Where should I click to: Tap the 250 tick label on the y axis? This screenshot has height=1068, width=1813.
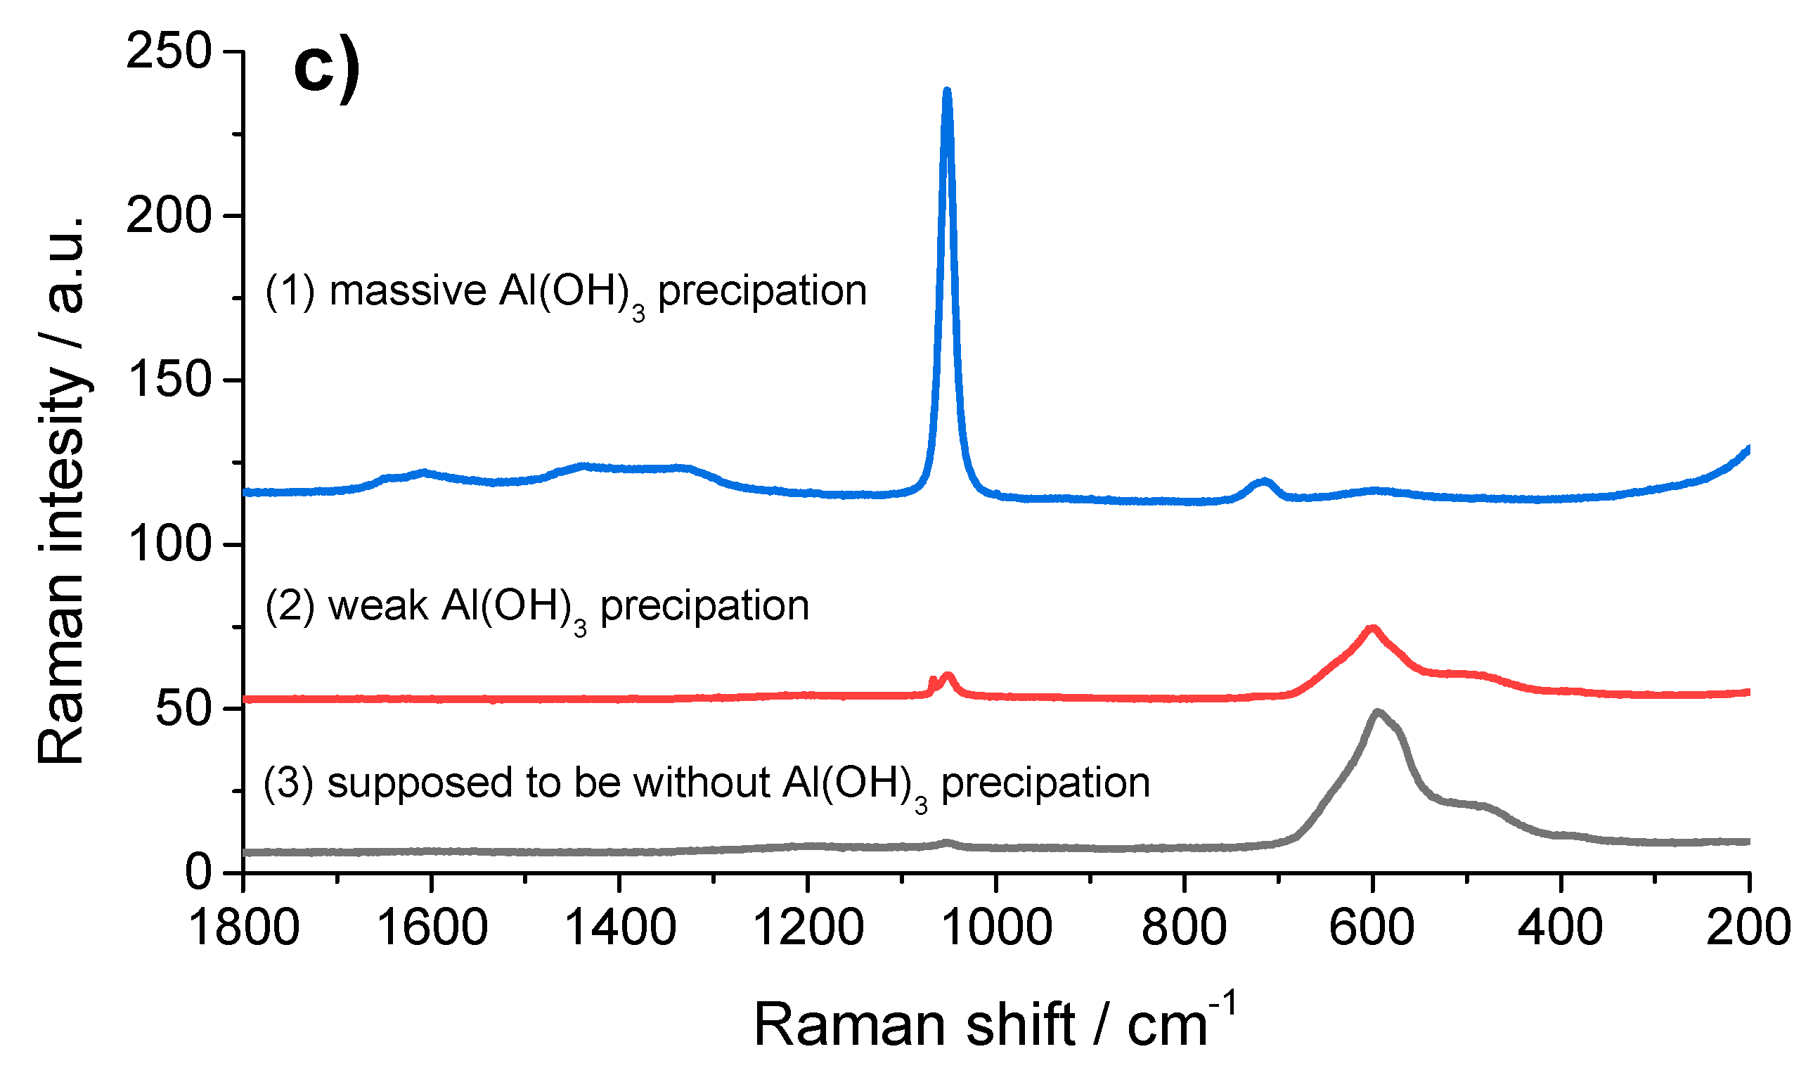(x=169, y=52)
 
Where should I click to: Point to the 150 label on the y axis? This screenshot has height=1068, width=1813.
(x=169, y=379)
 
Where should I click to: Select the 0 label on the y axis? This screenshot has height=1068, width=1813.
(x=198, y=873)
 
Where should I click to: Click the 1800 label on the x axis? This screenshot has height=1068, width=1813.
(x=244, y=928)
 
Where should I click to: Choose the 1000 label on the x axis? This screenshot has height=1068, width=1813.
(x=996, y=928)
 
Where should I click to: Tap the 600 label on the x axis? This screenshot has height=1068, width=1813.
(x=1373, y=928)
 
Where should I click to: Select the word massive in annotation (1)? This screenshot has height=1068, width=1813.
(x=408, y=292)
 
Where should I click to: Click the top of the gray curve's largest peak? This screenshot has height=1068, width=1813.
(x=1378, y=713)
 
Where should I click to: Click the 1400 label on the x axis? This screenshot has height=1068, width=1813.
(x=620, y=928)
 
